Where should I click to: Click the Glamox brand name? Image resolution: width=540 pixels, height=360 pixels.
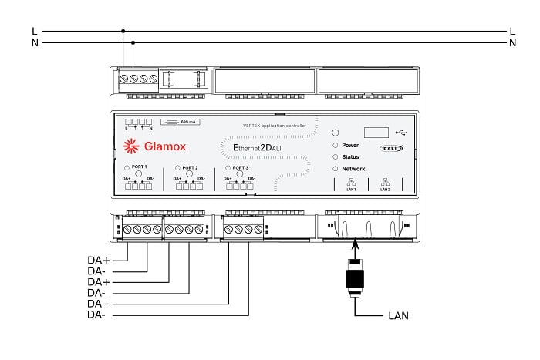coord(165,146)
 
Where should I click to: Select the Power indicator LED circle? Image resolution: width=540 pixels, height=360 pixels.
coord(336,145)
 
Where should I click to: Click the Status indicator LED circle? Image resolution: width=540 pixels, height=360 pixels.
coord(336,156)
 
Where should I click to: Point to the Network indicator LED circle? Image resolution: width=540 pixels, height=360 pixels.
coord(336,168)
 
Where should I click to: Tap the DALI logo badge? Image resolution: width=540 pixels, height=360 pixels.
coord(392,147)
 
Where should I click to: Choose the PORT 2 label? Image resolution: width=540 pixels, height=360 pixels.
coord(190,167)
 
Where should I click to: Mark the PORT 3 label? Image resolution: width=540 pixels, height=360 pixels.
coord(240,167)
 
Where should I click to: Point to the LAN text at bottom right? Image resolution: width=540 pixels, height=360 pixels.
coord(398,316)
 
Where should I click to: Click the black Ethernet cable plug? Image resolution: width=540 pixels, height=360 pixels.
coord(356,278)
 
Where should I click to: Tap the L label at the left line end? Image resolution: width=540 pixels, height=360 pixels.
coord(34,32)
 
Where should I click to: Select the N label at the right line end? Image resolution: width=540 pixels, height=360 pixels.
coord(512,43)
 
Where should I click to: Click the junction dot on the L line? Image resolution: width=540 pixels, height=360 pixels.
coord(123,32)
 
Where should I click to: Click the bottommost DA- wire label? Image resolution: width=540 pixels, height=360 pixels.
coord(96,315)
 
